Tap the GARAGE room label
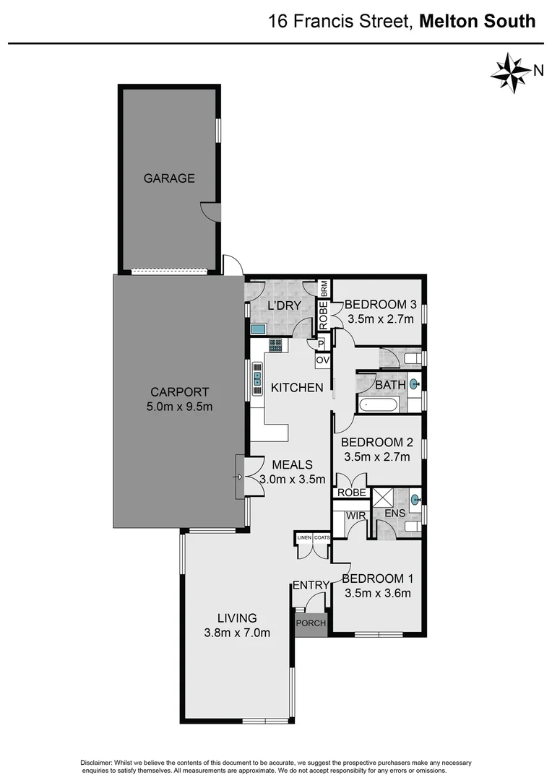(168, 178)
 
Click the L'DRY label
(284, 306)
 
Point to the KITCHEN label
(297, 388)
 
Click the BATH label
(390, 385)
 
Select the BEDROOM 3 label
(380, 304)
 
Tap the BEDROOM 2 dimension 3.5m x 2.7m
(376, 456)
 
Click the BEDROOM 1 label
(376, 578)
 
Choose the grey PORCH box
(311, 623)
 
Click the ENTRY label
(311, 585)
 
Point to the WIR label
(355, 516)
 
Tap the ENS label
(394, 514)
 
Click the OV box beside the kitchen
(322, 359)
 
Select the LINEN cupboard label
(303, 537)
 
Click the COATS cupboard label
(322, 537)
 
